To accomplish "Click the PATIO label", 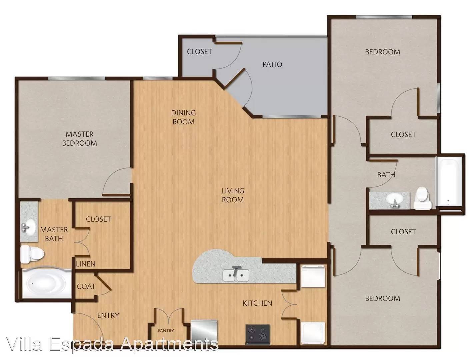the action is (x=272, y=64).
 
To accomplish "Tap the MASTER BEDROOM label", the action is (x=79, y=138).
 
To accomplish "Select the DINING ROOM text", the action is (x=183, y=117).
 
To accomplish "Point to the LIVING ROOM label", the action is (x=233, y=195).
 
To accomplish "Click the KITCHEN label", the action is (x=257, y=303).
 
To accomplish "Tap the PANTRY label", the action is (x=166, y=331).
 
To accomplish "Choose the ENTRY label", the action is (x=108, y=315).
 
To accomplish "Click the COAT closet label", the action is (x=86, y=286).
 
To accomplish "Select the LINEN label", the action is (x=86, y=264).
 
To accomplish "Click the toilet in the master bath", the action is (x=32, y=254).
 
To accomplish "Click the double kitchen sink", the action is (x=236, y=275).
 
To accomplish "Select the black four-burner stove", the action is (x=258, y=333).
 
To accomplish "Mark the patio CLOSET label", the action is (x=199, y=52).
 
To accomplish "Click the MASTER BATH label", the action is (x=54, y=234).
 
